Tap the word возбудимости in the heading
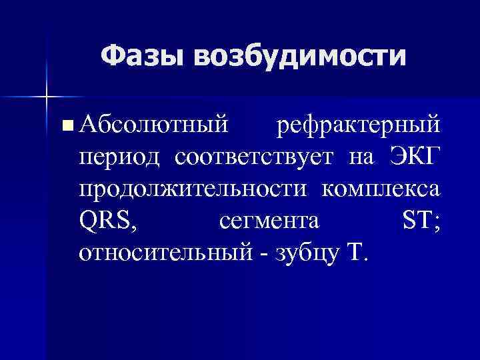pyautogui.click(x=299, y=55)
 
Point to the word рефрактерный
pyautogui.click(x=358, y=123)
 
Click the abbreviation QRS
pyautogui.click(x=107, y=220)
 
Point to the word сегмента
pyautogui.click(x=268, y=221)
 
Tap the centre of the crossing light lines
pyautogui.click(x=47, y=97)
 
